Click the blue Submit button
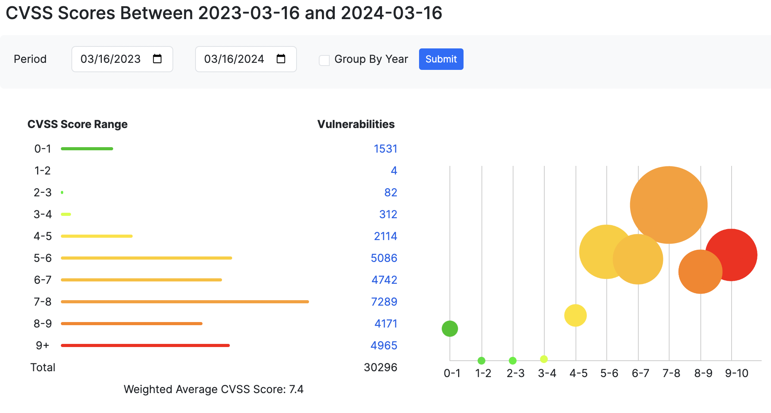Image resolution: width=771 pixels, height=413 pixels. point(441,59)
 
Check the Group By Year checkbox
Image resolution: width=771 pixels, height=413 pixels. point(324,60)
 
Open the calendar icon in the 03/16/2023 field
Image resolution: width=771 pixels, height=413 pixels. point(157,59)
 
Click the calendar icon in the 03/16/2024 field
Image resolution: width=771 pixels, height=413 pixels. point(281,59)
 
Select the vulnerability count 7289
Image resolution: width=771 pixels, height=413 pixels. point(384,302)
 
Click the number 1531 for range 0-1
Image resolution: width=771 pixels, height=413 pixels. point(385,149)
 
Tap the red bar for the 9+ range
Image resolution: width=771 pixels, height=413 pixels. point(145,345)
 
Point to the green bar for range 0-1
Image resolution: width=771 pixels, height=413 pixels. point(87,149)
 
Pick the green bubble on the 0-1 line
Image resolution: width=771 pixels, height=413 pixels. point(449,329)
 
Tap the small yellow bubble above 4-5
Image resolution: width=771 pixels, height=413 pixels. point(575,315)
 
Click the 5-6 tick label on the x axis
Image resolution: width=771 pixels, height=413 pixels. point(609,374)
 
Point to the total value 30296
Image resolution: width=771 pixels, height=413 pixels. point(380,367)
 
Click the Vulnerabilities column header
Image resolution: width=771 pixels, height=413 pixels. point(356,124)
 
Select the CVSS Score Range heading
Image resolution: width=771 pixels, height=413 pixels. point(77,124)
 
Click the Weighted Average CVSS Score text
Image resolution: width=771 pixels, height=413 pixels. point(213,389)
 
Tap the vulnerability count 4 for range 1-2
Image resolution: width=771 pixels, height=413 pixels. point(394,171)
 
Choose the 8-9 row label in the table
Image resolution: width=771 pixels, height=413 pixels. point(43,324)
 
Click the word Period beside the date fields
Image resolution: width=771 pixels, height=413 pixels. point(30,59)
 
